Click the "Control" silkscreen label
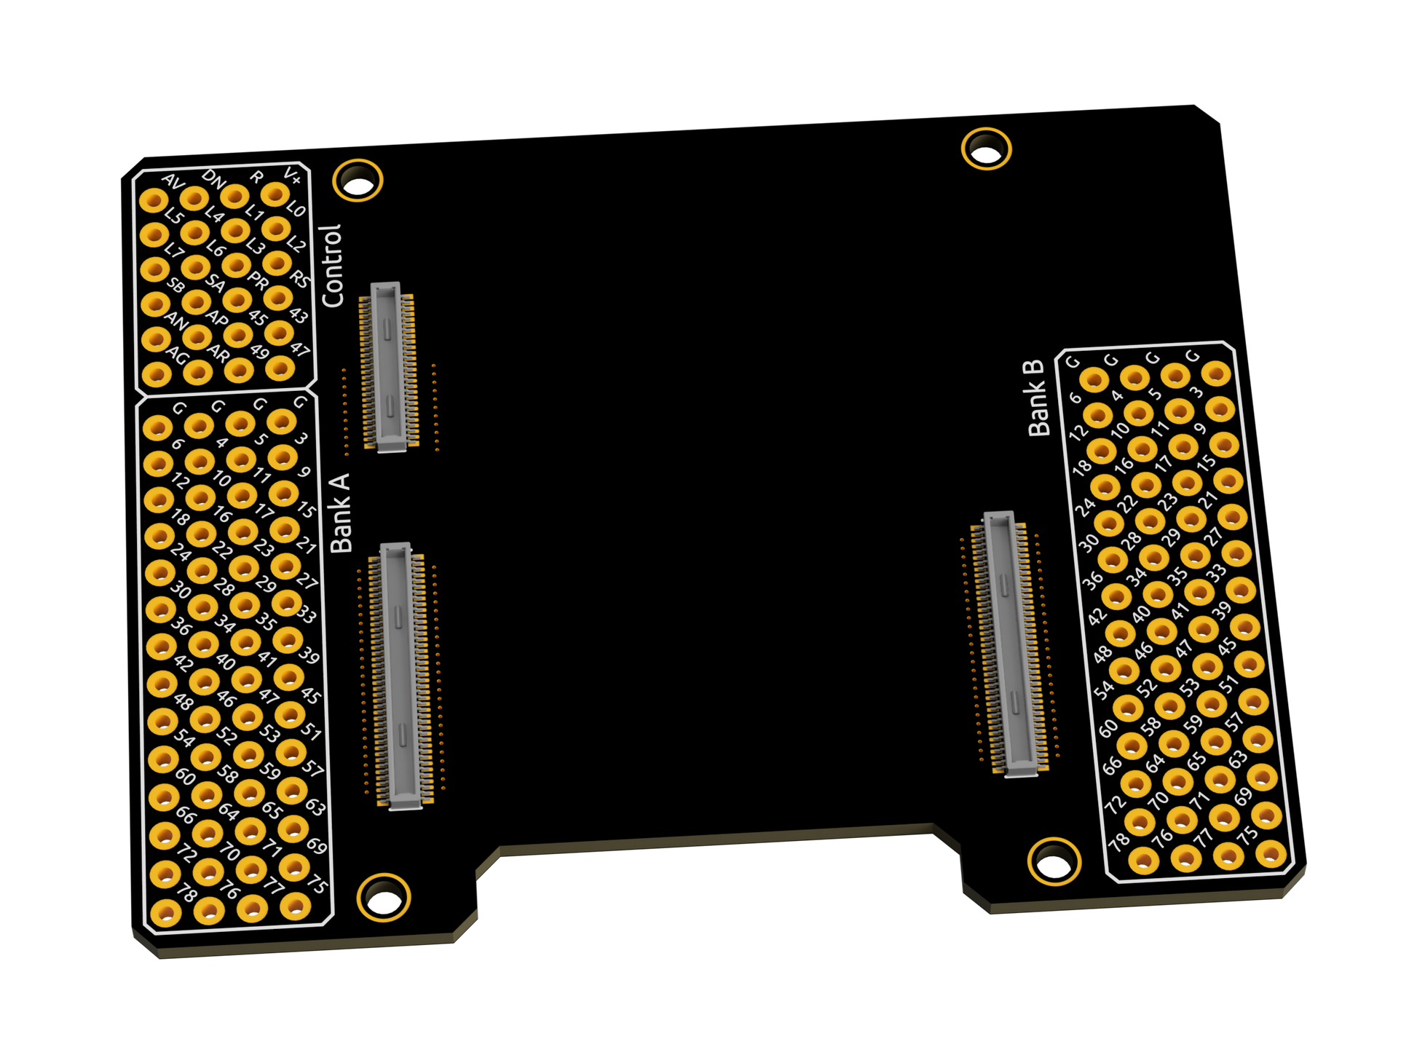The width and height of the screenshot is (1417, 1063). [331, 266]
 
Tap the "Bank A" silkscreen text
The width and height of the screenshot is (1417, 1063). [340, 513]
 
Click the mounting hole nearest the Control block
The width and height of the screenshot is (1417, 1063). [358, 181]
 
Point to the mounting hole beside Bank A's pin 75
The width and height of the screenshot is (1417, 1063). [384, 898]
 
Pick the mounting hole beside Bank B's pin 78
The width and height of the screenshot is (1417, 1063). [1054, 862]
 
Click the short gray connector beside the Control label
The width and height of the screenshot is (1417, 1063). [389, 367]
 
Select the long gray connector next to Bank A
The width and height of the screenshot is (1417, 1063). [401, 676]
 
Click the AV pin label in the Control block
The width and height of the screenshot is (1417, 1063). [173, 181]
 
